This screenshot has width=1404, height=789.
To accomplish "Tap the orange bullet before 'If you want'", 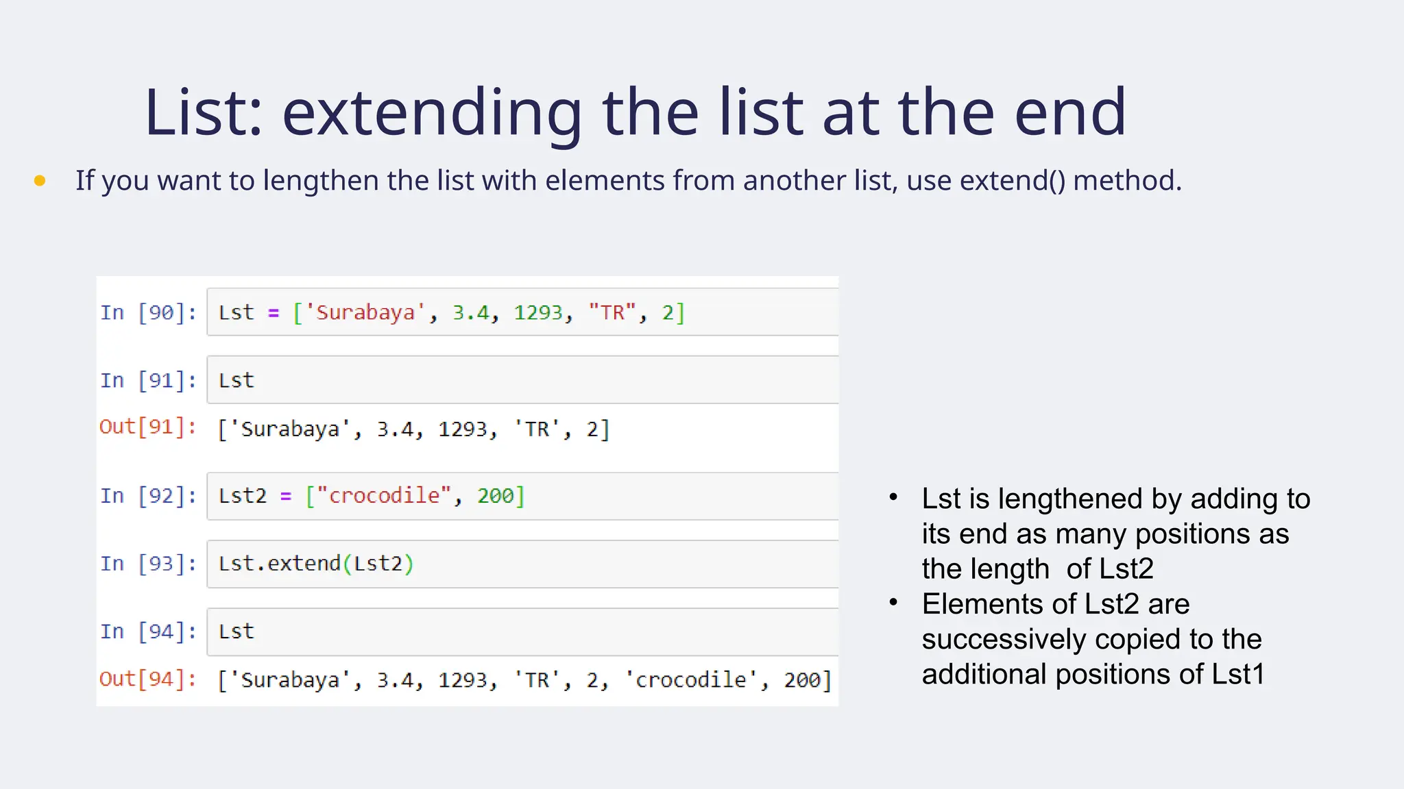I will (x=40, y=181).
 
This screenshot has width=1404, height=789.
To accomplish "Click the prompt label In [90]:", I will (x=148, y=312).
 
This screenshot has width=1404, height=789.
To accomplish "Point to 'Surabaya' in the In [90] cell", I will (x=365, y=312).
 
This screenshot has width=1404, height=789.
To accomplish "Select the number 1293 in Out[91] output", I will (x=466, y=429).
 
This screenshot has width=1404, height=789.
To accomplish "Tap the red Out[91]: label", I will (x=148, y=427).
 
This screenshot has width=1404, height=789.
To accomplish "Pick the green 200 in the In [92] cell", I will (x=495, y=495).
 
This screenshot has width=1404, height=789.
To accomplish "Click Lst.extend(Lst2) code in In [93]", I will (x=315, y=563).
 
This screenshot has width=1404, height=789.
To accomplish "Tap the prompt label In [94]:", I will (x=148, y=631).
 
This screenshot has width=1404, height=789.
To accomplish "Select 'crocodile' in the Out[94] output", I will (x=690, y=680).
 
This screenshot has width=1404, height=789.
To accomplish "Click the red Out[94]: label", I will (x=148, y=679).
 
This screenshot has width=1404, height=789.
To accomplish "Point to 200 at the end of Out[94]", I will (x=802, y=680).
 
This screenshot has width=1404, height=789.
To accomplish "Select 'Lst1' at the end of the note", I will (x=1237, y=674).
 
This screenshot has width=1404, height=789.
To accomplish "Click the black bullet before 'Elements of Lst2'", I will (x=893, y=603).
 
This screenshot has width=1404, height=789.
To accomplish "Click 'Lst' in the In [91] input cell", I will (x=236, y=380).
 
